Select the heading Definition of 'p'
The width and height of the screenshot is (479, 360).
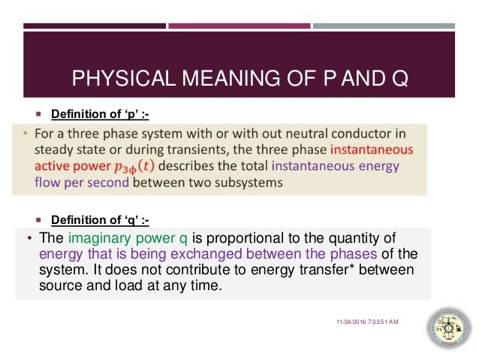click(100, 115)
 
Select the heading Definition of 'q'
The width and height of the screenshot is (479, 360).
click(100, 219)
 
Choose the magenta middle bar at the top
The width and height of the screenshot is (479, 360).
click(239, 26)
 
